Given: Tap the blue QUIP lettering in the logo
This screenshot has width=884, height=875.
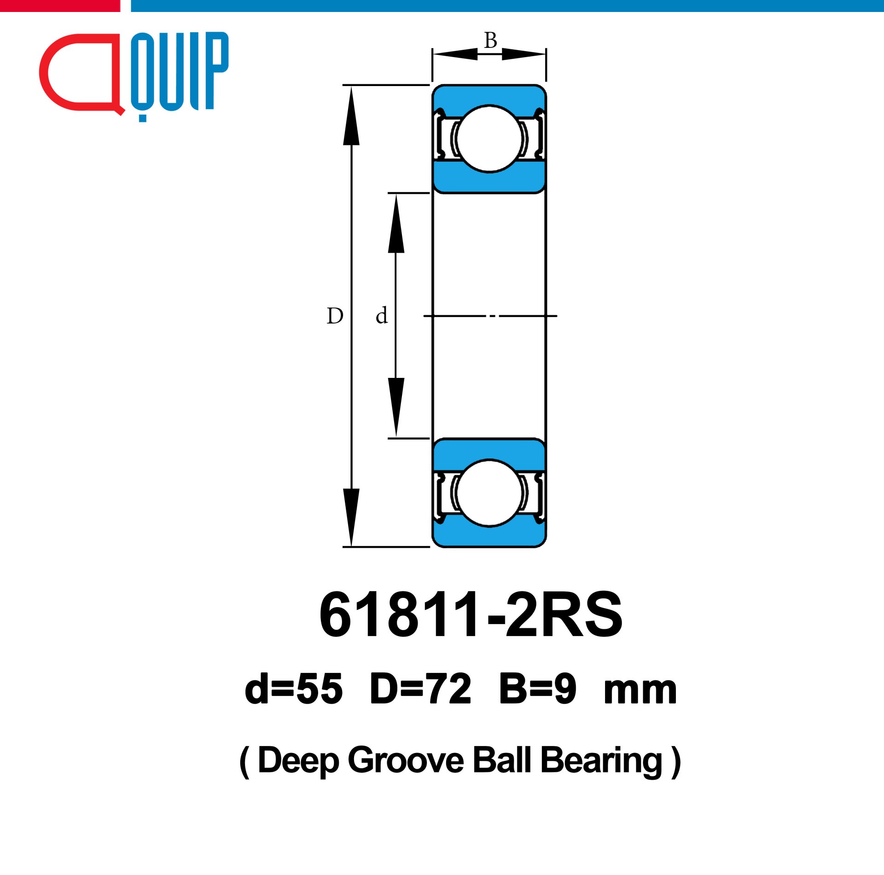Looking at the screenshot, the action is pyautogui.click(x=180, y=76).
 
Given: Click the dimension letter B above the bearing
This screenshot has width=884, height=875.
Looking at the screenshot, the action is pyautogui.click(x=490, y=41).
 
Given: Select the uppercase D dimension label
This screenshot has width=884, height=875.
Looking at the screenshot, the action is pyautogui.click(x=335, y=316).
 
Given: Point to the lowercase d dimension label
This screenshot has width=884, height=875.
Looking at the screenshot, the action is pyautogui.click(x=382, y=315).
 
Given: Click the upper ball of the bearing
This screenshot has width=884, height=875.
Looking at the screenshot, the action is pyautogui.click(x=489, y=139).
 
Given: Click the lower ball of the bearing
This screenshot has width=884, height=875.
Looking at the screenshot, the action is pyautogui.click(x=489, y=493).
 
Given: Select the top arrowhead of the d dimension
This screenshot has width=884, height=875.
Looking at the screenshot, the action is pyautogui.click(x=396, y=223).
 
